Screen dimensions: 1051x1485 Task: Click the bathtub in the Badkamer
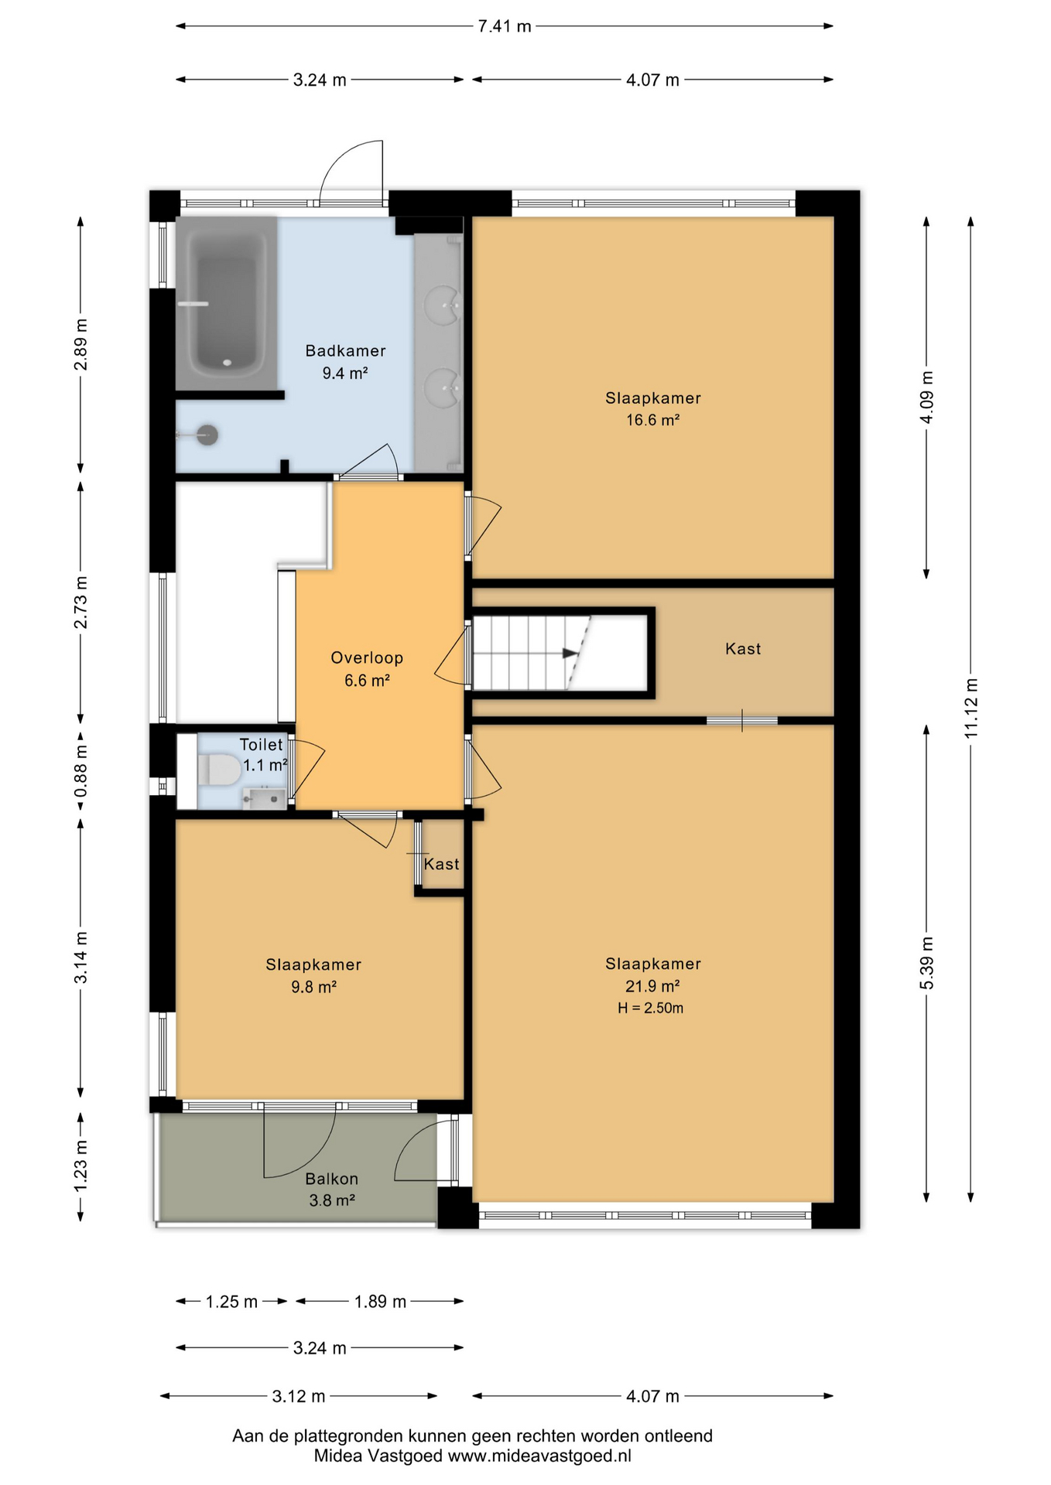[226, 303]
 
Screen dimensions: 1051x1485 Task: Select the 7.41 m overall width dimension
[505, 26]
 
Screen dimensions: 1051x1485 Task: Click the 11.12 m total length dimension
[971, 708]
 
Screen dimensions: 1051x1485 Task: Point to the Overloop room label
[367, 658]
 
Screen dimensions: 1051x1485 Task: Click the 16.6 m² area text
[653, 420]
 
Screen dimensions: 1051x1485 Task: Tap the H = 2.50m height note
[651, 1008]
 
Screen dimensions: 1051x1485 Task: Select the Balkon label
[332, 1179]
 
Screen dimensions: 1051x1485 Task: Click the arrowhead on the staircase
[570, 653]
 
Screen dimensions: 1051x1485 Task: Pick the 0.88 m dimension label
[80, 771]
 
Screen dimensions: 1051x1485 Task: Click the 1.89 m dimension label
[380, 1302]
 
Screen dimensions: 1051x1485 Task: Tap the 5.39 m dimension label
[927, 963]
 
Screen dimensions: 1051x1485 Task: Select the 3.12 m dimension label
[299, 1396]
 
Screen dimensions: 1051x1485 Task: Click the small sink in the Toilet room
[264, 799]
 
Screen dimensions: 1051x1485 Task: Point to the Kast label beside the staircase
[743, 649]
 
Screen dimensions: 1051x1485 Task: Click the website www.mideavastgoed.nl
[540, 1456]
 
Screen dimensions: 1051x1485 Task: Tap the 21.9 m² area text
[652, 986]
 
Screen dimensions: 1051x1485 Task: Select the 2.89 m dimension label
[80, 344]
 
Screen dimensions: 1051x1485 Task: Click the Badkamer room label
[345, 351]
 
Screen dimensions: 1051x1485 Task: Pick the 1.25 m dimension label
[231, 1302]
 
